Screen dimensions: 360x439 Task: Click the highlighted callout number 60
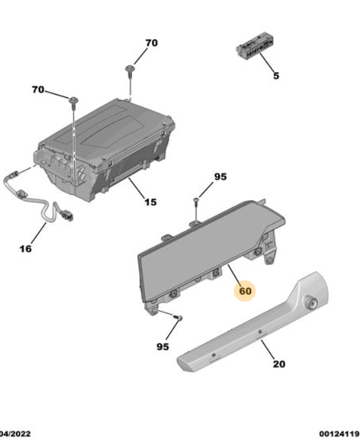click(x=245, y=291)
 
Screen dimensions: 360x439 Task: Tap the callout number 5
click(x=276, y=75)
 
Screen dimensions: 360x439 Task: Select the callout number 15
click(x=150, y=202)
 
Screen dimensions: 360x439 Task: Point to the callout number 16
click(x=26, y=248)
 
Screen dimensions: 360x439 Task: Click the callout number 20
click(x=279, y=364)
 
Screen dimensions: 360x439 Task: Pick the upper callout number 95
click(x=220, y=177)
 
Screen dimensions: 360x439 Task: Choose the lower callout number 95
click(x=163, y=347)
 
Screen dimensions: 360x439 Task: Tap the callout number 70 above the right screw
click(x=151, y=43)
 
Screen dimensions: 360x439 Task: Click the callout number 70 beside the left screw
click(x=38, y=90)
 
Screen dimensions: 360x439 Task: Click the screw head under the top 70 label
click(x=130, y=68)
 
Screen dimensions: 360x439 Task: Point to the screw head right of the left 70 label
click(x=73, y=100)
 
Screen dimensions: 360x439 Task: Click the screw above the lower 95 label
click(x=178, y=318)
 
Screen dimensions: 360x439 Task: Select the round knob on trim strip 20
click(x=311, y=302)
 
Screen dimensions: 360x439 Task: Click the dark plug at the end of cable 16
click(x=68, y=215)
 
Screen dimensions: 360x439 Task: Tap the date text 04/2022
click(x=15, y=434)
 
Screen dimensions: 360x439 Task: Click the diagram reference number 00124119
click(x=339, y=434)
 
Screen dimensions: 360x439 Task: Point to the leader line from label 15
click(x=137, y=187)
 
